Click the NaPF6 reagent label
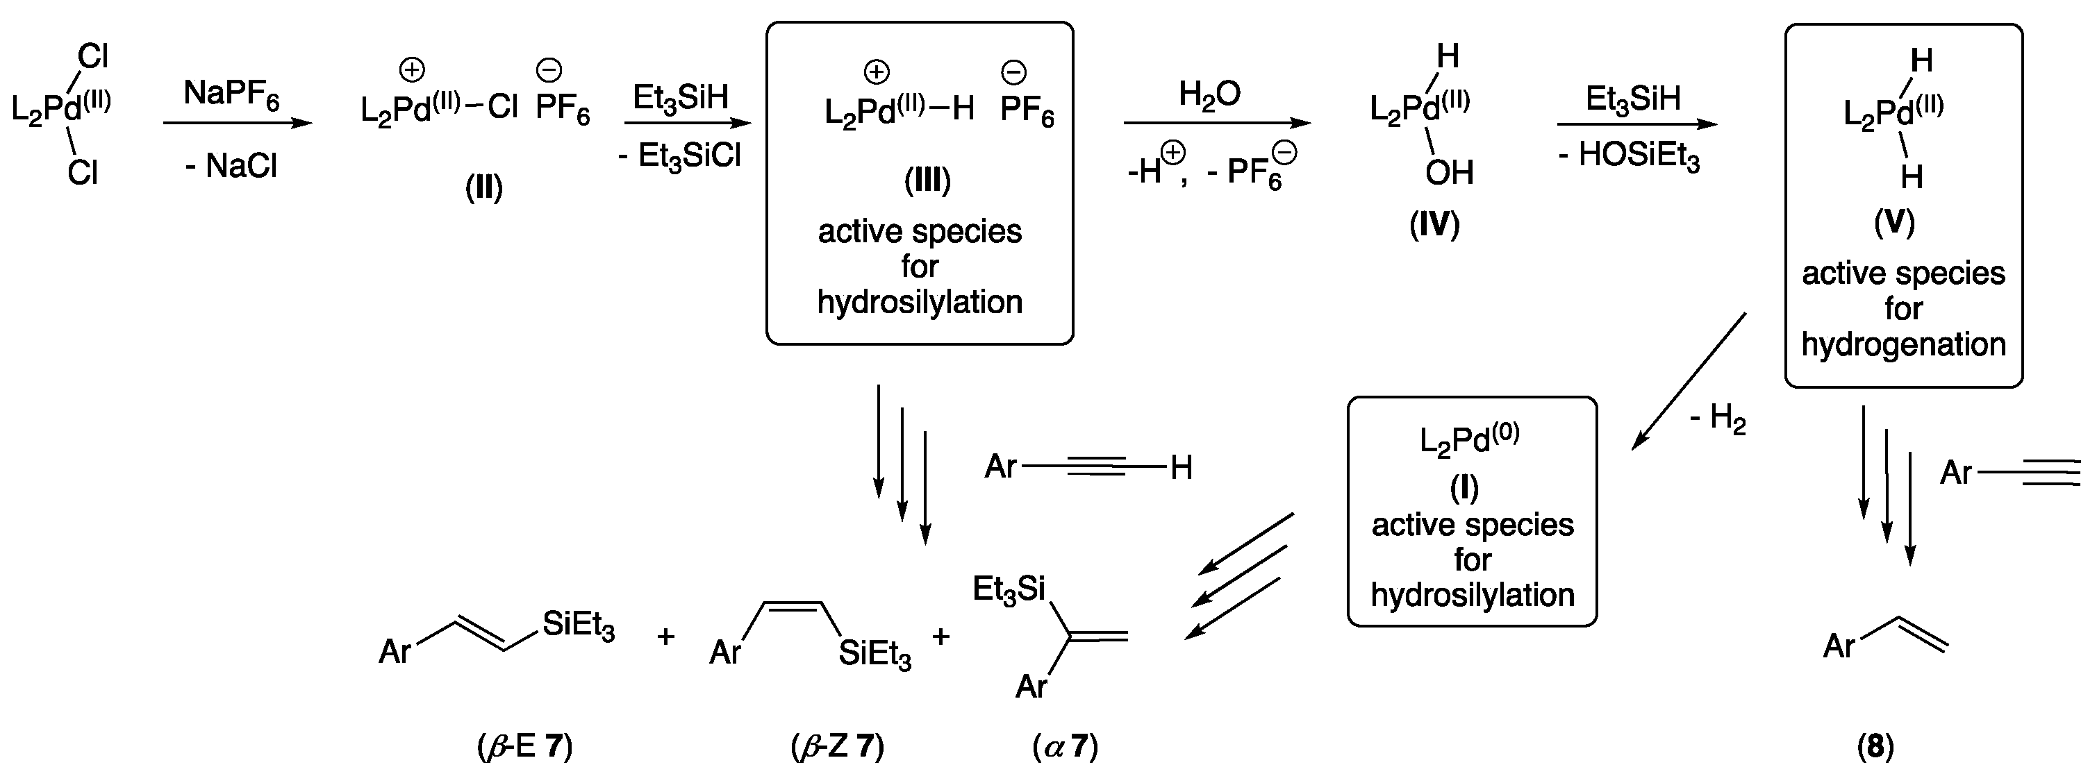coord(231,94)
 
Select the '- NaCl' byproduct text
coord(231,167)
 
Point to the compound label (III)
coord(927,180)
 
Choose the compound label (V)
coord(1894,223)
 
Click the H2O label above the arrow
coord(1210,95)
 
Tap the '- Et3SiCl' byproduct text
coord(680,155)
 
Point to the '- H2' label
coord(1718,419)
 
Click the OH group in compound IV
coord(1449,173)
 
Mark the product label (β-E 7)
coord(525,746)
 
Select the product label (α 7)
coord(1066,746)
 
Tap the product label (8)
coord(1875,746)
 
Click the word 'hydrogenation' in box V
coord(1903,345)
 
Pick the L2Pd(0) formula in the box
coord(1468,440)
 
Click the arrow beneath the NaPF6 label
coord(237,124)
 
